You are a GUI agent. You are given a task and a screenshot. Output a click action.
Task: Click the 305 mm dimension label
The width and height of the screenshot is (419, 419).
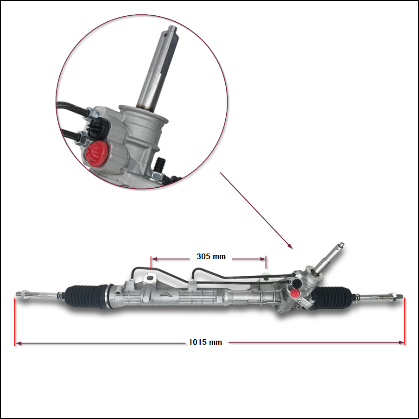point(211,256)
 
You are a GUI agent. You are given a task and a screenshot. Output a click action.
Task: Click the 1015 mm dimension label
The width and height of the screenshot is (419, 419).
point(205,343)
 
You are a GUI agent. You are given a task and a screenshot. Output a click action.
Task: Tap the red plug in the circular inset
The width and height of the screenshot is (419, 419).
point(96,154)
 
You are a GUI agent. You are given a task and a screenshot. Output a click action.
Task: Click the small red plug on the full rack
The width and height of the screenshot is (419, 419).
point(294,292)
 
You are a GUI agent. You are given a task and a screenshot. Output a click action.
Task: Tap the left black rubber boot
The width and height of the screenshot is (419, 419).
point(87,296)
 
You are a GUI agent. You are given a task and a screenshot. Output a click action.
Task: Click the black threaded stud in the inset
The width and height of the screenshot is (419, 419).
point(160,165)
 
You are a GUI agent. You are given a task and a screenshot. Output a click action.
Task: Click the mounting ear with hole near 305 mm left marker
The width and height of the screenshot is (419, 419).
point(150,278)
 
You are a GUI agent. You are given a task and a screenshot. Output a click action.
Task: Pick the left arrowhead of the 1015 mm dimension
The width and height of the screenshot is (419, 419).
point(18,343)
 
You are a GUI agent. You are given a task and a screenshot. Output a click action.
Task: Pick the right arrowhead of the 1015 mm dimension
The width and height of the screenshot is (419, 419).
point(401,343)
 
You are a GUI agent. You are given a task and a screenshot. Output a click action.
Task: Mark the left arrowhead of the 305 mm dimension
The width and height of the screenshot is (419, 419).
point(154,259)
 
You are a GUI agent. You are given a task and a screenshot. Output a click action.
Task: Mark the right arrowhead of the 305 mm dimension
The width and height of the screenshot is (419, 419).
point(263,259)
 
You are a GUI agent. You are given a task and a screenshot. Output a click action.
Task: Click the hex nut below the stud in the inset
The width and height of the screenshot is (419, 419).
point(155,176)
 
